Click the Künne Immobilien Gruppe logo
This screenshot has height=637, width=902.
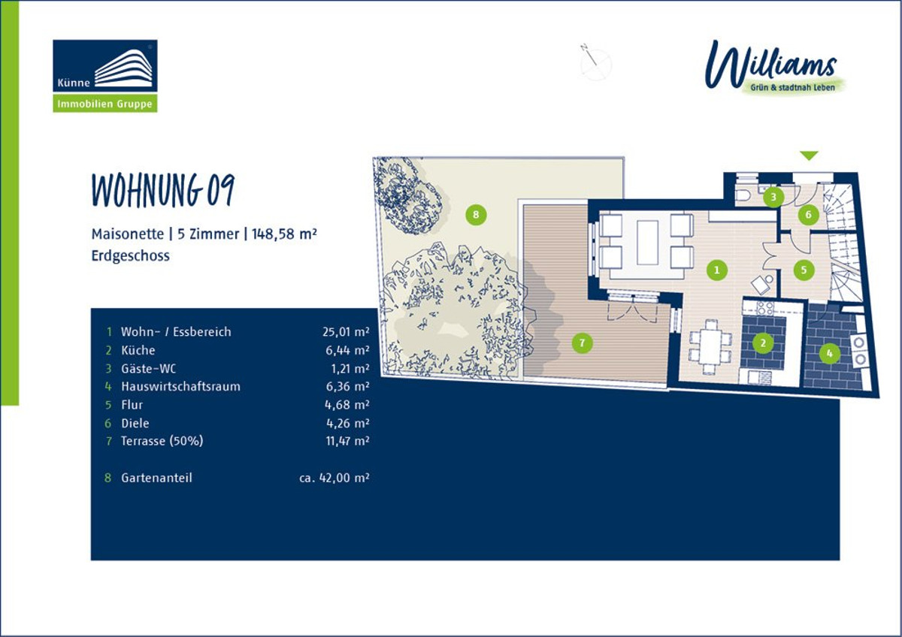tap(105, 76)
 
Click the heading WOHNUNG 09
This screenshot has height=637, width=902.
tap(163, 190)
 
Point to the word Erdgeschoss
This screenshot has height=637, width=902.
tap(131, 256)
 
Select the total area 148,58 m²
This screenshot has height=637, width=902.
tap(284, 234)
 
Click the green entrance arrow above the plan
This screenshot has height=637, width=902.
tap(810, 155)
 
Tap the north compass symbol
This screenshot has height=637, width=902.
tap(595, 65)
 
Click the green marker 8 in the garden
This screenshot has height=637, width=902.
tap(476, 215)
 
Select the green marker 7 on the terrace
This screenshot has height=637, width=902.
tap(582, 343)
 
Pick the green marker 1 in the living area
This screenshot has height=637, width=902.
tap(717, 270)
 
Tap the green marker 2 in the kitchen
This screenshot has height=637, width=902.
tap(763, 343)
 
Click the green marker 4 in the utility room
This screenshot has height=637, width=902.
tap(830, 353)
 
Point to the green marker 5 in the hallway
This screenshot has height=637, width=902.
tap(804, 270)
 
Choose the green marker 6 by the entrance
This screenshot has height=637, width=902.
tap(808, 215)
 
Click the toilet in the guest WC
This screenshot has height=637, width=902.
tap(743, 195)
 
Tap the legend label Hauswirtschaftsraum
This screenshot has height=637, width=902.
tap(181, 387)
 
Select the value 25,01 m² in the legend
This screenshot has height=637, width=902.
tap(346, 332)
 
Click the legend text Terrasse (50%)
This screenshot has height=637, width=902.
tap(162, 441)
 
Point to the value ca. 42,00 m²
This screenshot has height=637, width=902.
tap(334, 478)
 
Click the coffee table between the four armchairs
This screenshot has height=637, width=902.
tap(647, 242)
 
